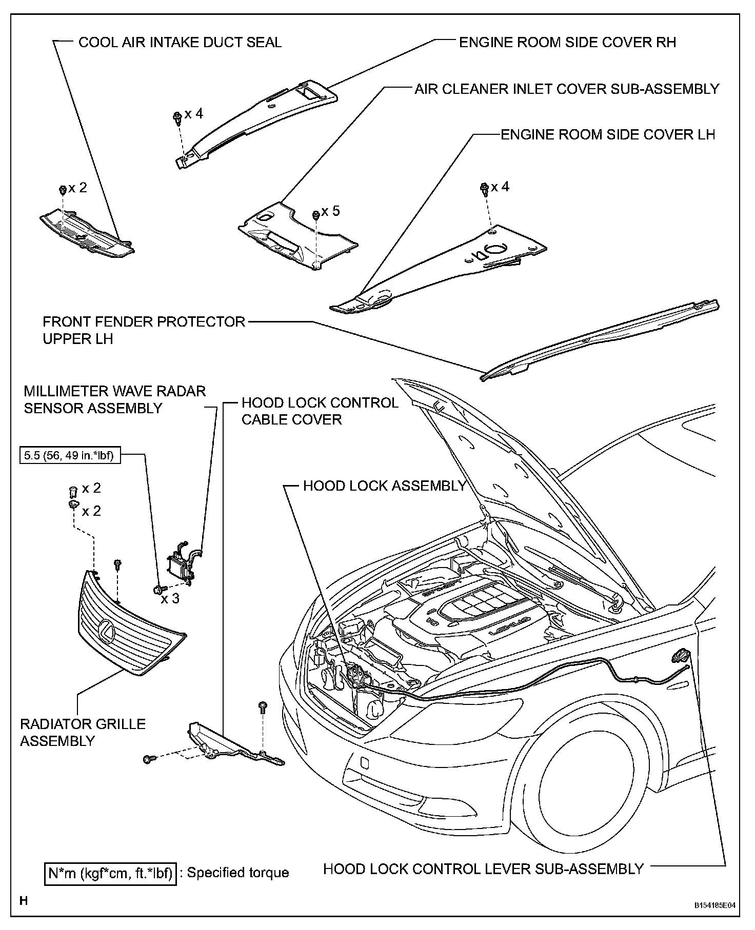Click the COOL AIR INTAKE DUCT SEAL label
[x=180, y=42]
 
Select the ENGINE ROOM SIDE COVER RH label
[x=567, y=42]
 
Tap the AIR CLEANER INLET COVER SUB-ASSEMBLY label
[x=567, y=89]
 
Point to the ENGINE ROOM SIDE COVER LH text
[x=607, y=134]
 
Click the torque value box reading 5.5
[x=70, y=455]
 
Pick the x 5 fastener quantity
[x=330, y=211]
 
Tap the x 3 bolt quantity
[x=170, y=598]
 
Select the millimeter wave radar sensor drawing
[x=181, y=567]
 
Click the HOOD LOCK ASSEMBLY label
[x=384, y=486]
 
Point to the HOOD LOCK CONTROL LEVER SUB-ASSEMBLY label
[x=483, y=868]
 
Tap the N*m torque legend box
[x=110, y=872]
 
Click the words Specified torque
[x=237, y=873]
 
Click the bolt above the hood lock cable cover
[x=263, y=707]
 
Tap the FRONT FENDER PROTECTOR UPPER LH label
[x=144, y=330]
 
